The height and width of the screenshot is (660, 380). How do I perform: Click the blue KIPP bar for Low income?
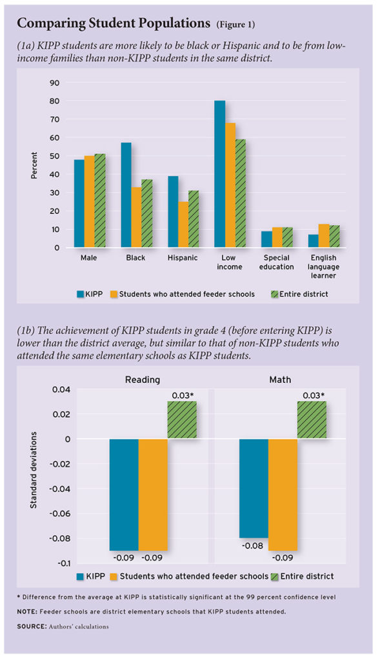click(x=221, y=174)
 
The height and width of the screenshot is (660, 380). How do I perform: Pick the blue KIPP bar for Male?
click(x=79, y=204)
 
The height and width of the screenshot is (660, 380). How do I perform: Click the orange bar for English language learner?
click(x=324, y=236)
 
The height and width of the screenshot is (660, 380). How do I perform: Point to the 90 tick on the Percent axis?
click(x=55, y=83)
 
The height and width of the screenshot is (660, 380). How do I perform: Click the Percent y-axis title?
click(x=34, y=165)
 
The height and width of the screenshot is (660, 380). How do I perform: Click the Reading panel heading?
click(x=142, y=380)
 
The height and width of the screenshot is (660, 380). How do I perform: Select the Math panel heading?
click(x=280, y=380)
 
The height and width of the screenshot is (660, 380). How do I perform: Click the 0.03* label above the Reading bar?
click(x=183, y=394)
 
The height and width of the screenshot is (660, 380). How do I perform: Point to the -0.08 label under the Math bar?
click(x=252, y=546)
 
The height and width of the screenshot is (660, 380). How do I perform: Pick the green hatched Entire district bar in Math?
click(x=312, y=420)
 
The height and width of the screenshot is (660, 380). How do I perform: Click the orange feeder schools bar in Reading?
click(x=153, y=494)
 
